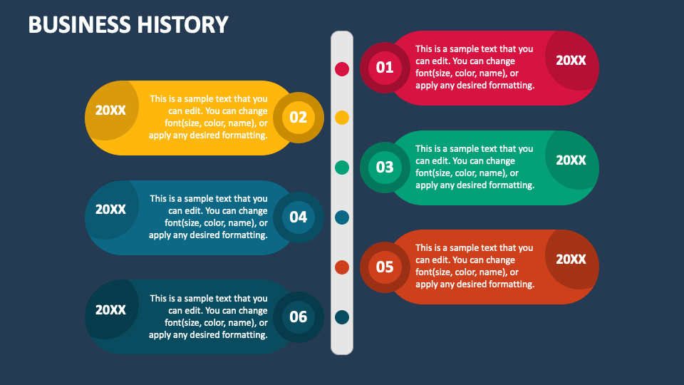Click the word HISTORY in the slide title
click(182, 25)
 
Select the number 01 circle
click(385, 68)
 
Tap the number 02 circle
click(299, 118)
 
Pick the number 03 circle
click(385, 168)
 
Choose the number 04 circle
click(299, 217)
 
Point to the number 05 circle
click(385, 267)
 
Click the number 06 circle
click(299, 317)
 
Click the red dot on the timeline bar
click(342, 68)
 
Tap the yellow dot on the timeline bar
click(342, 118)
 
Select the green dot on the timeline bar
click(342, 168)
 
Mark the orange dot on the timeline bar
click(342, 267)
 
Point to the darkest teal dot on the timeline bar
click(342, 317)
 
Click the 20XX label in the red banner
click(571, 61)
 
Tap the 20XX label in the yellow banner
click(110, 111)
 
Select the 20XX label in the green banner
click(571, 160)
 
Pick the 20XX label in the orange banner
click(571, 260)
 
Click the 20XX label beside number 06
click(110, 310)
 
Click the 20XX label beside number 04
click(110, 210)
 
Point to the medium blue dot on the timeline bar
click(342, 217)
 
